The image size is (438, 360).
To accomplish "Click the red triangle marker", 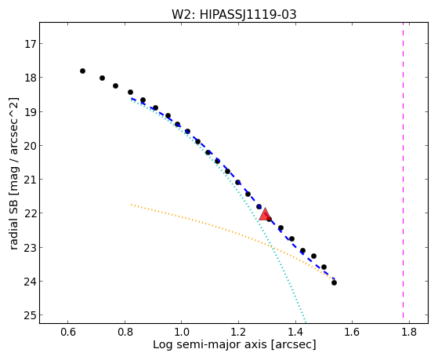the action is [264, 214].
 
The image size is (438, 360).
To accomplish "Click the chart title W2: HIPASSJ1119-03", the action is [233, 14].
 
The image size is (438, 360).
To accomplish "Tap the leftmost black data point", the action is [82, 71].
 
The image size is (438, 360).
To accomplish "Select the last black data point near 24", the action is [334, 282].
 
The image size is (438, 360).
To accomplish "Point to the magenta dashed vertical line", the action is [403, 170].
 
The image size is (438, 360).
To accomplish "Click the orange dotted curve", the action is [233, 231].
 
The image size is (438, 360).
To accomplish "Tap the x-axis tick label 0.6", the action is [68, 332].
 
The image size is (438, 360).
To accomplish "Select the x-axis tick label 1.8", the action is [409, 332].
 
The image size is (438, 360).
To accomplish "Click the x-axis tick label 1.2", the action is [238, 332].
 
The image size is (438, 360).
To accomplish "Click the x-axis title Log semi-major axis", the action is [210, 344].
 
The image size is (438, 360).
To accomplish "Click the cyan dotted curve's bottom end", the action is [306, 322].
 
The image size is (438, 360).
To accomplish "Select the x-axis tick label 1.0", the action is [181, 332].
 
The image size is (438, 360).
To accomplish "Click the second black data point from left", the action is [102, 78].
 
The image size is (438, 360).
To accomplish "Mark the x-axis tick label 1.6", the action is [352, 332].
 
